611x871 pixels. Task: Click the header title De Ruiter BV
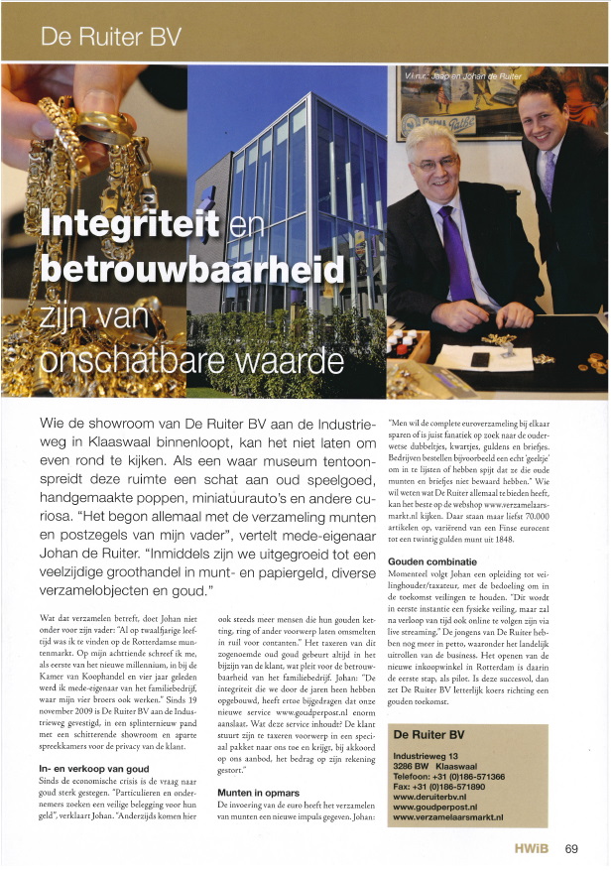[111, 39]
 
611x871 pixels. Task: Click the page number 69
[572, 848]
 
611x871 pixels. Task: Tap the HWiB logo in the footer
[532, 848]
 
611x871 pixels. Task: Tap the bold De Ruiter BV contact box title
[435, 734]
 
